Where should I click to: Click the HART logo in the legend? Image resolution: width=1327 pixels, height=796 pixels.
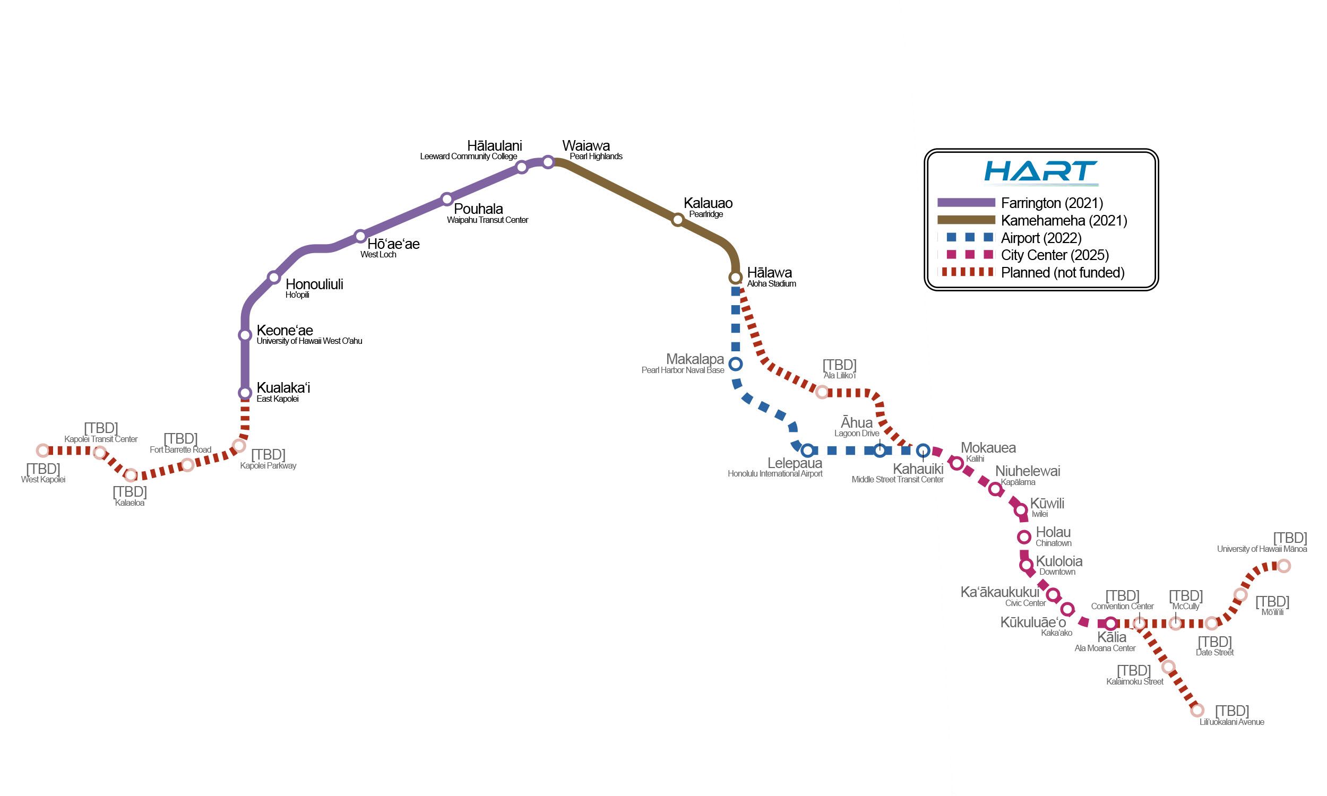(1040, 172)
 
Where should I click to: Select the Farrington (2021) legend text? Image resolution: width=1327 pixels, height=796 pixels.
(1052, 203)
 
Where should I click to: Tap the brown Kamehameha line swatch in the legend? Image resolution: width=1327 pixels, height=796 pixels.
(966, 220)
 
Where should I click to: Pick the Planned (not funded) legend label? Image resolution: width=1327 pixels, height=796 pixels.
(1063, 272)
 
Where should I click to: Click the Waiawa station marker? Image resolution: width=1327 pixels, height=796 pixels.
(548, 162)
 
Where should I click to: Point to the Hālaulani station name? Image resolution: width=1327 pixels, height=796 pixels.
(495, 146)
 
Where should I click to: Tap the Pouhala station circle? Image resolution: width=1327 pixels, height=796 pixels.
(447, 200)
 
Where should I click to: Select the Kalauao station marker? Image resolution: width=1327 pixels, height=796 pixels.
(678, 219)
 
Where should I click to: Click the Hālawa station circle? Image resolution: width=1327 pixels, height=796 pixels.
(735, 278)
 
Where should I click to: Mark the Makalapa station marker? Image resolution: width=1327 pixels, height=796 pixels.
(736, 364)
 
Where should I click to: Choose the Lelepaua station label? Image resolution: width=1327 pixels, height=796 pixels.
(795, 463)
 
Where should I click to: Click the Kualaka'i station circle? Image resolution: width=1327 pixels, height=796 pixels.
(245, 393)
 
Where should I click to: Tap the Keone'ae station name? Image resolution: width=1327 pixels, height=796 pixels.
(285, 331)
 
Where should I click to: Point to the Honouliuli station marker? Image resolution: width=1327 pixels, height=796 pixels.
(274, 278)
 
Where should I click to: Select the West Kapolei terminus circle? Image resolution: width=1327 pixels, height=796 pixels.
(43, 451)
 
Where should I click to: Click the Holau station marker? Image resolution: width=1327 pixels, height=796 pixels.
(1024, 537)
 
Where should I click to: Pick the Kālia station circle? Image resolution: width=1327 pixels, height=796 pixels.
(1111, 624)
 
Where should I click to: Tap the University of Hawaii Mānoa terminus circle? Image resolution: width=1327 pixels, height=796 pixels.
(1283, 565)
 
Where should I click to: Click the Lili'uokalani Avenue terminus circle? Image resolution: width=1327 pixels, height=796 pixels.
(1197, 710)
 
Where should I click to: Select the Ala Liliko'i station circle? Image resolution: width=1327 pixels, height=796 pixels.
(822, 392)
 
